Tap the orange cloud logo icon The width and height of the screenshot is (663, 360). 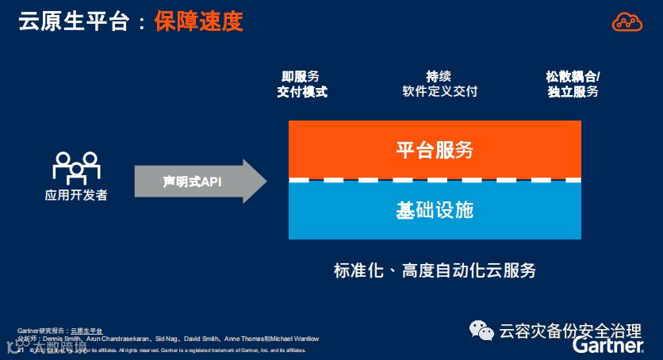(627, 21)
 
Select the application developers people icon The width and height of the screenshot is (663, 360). (75, 167)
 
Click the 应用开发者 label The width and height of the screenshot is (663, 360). (75, 195)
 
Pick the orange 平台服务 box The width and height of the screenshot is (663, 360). (435, 149)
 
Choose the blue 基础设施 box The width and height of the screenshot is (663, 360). (435, 210)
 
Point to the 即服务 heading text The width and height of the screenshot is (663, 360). (301, 77)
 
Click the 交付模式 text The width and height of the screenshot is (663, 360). (301, 92)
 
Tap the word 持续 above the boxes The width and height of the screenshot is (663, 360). (439, 77)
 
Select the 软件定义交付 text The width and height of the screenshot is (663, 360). (439, 92)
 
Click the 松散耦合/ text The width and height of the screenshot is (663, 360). (573, 77)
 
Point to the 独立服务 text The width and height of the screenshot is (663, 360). (573, 92)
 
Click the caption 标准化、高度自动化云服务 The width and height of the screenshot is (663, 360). (435, 270)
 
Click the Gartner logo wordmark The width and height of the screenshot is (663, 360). (607, 346)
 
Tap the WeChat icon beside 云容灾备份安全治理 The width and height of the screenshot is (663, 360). (481, 330)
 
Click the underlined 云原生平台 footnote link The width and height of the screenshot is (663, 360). (86, 330)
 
